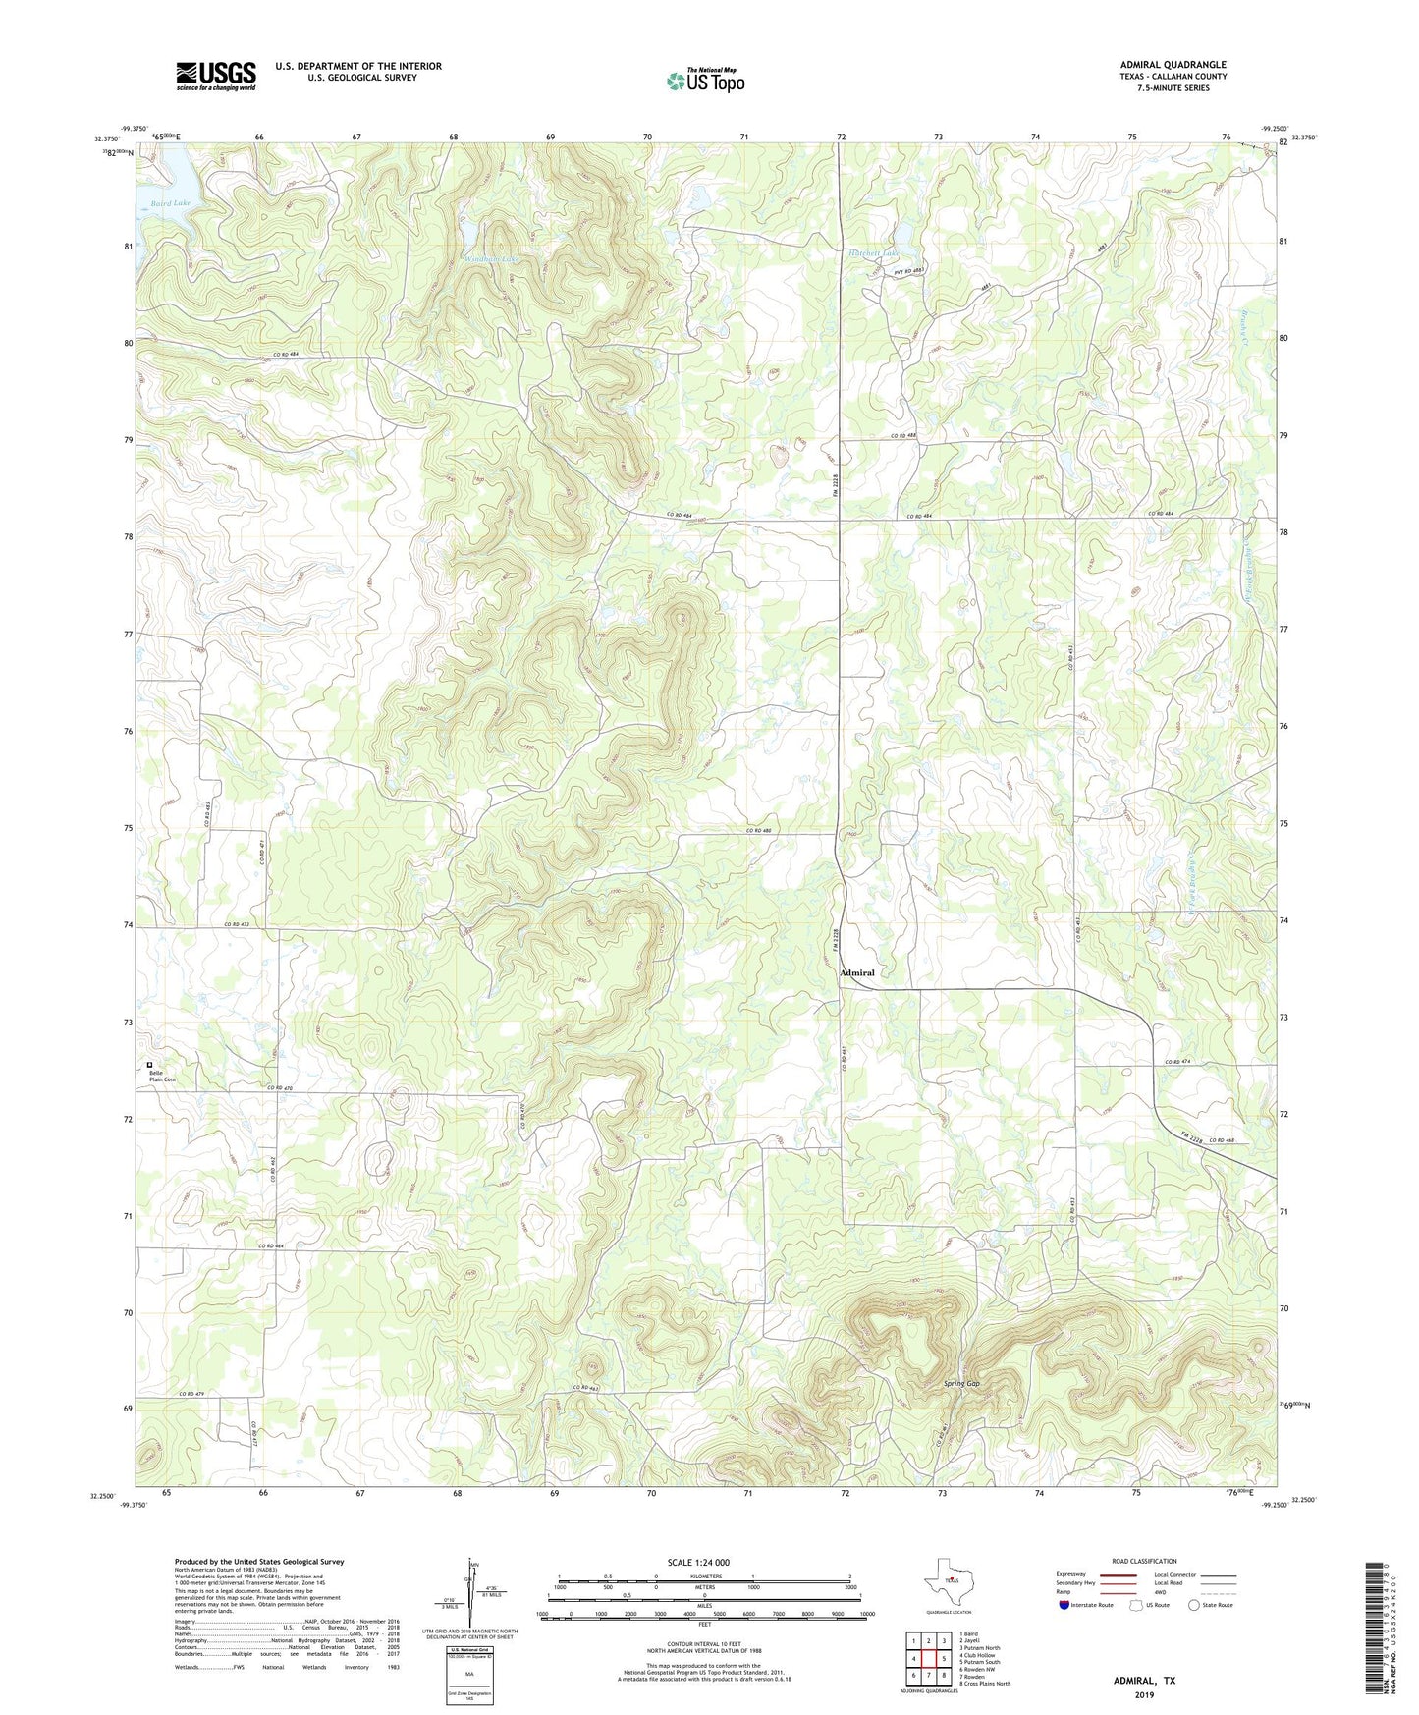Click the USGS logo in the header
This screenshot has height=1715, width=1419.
coord(216,76)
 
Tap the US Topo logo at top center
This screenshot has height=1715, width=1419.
coord(704,82)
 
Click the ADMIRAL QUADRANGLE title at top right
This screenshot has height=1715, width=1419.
coord(1173,65)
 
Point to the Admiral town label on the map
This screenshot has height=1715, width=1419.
coord(856,972)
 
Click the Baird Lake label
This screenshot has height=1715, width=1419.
coord(171,202)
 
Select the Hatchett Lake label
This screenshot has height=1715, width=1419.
coord(873,253)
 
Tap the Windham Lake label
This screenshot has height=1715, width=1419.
coord(490,259)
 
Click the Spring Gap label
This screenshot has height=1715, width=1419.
coord(961,1383)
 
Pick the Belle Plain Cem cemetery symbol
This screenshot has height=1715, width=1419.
coord(150,1064)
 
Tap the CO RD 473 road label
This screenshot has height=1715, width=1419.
coord(238,924)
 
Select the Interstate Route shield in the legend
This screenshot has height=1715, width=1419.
coord(1064,1605)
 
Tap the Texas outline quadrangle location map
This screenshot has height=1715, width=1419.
coord(948,1579)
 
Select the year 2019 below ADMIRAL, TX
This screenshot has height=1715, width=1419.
coord(1144,1694)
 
